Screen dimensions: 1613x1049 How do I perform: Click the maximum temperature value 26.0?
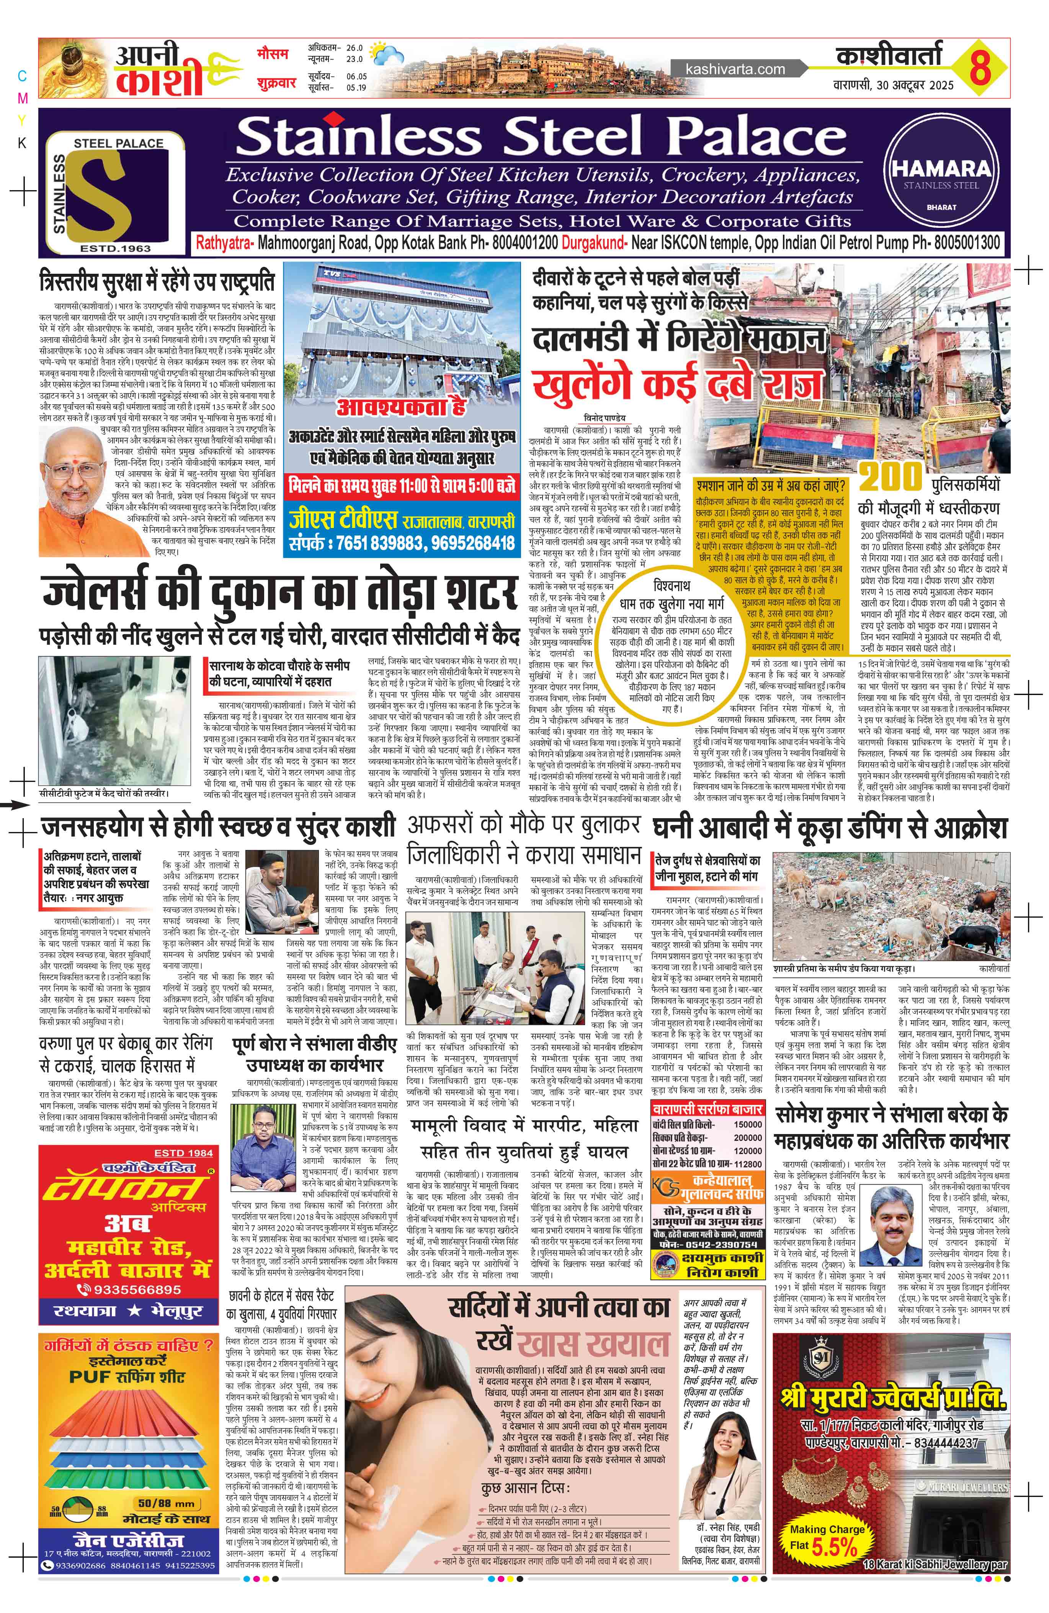[x=354, y=49]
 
